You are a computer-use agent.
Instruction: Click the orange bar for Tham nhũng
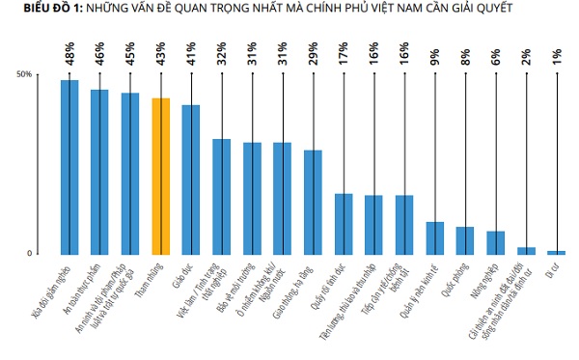[160, 176]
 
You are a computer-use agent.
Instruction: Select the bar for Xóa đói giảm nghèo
[69, 166]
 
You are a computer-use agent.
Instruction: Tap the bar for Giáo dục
[191, 179]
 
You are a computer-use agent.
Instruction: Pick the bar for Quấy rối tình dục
[343, 223]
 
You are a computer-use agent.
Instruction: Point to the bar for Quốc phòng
[465, 240]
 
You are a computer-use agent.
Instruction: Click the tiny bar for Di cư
[556, 252]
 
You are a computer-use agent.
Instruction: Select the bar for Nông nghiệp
[495, 242]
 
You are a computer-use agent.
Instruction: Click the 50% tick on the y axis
[24, 74]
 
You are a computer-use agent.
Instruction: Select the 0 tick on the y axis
[29, 254]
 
